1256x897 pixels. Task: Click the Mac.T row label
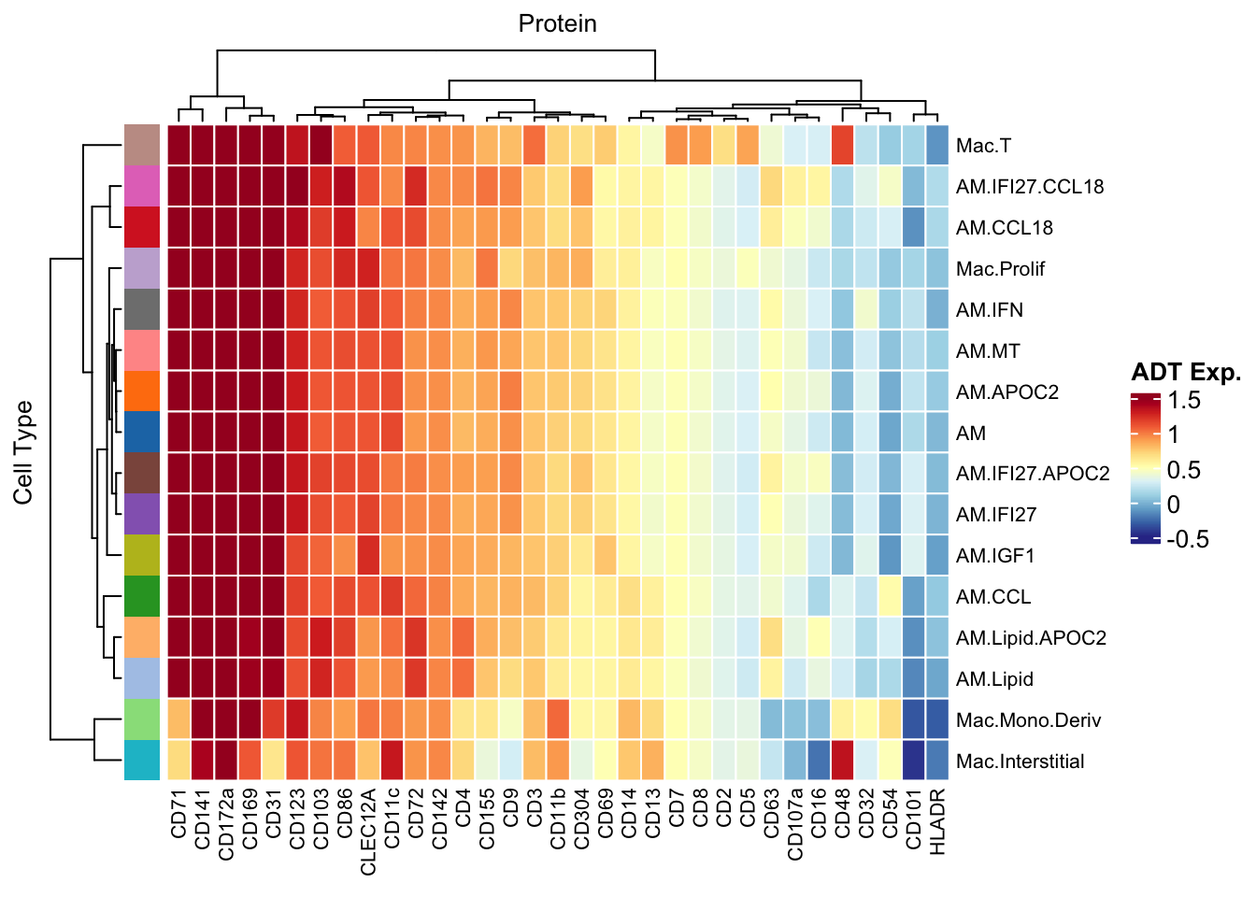tap(983, 146)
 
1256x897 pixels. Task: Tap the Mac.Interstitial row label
tap(1020, 762)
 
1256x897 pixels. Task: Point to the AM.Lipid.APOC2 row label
tap(1031, 638)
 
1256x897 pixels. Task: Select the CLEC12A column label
tap(369, 832)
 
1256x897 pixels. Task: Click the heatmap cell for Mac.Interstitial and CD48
tap(843, 761)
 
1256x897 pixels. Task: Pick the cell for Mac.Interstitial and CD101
tap(914, 761)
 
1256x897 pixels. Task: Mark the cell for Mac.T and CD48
tap(843, 145)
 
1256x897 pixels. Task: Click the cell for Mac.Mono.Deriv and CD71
tap(179, 719)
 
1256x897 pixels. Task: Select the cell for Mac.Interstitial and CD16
tap(819, 761)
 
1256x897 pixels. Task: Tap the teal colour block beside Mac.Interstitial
tap(141, 761)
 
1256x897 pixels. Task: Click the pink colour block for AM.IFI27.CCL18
tap(141, 186)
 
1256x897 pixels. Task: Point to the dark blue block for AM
tap(141, 433)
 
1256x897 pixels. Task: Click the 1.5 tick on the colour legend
tap(1185, 401)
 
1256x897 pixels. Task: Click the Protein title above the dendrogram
tap(557, 23)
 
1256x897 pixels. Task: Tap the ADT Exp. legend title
tap(1186, 373)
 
